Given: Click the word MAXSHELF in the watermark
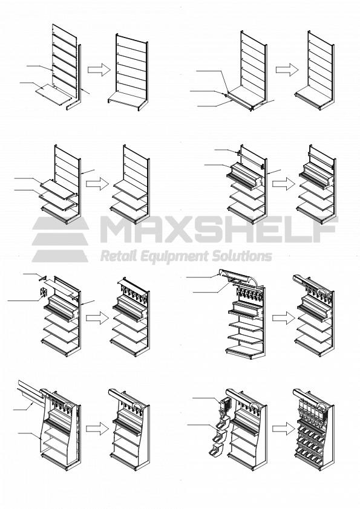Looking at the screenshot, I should (218, 230).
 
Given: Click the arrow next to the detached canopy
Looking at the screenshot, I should (280, 317).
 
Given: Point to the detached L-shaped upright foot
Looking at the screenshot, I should (73, 100).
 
